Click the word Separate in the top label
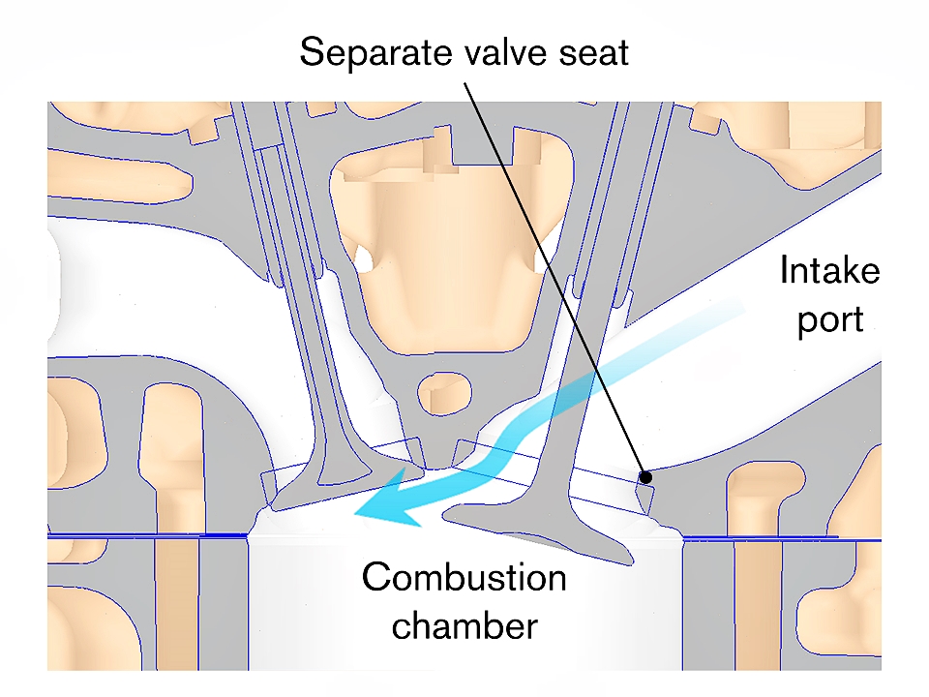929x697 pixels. pos(361,51)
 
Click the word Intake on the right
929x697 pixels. pos(829,271)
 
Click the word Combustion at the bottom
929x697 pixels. pos(464,579)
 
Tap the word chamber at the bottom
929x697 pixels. pos(464,625)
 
